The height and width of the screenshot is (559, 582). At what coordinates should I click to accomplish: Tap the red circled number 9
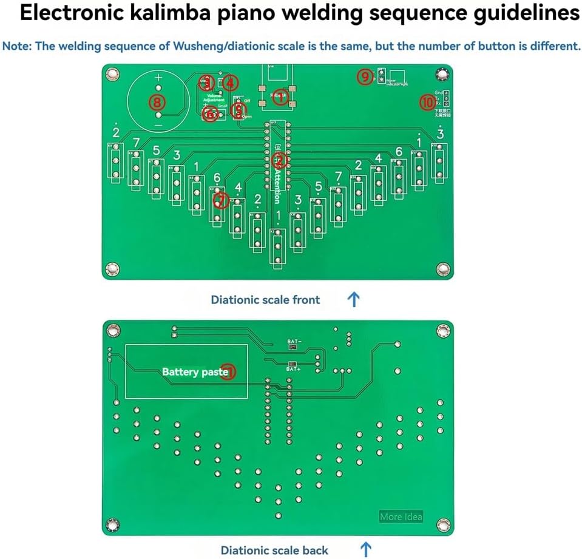364,76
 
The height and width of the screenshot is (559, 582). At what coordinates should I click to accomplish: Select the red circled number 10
427,103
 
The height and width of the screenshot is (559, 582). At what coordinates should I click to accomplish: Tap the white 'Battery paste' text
195,371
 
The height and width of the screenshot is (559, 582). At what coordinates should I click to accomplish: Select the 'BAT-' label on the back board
294,342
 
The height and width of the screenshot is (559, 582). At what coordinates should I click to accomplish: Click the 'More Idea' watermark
401,517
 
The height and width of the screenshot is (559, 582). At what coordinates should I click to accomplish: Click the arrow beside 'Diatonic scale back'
366,550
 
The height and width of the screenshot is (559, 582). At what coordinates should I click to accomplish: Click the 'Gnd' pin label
438,92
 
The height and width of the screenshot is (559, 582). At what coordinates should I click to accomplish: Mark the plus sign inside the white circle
158,78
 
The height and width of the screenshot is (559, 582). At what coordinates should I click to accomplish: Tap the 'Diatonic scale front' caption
265,299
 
